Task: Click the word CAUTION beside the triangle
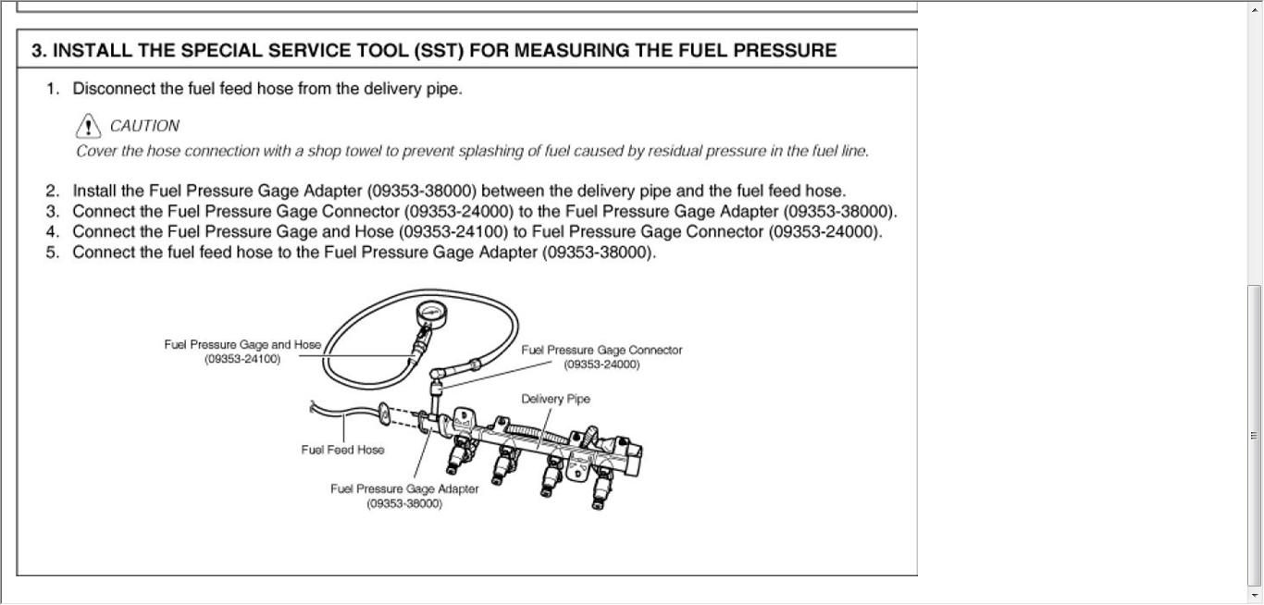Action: pyautogui.click(x=144, y=126)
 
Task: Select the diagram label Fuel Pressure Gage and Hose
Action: pyautogui.click(x=242, y=345)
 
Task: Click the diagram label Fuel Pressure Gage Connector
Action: pyautogui.click(x=601, y=351)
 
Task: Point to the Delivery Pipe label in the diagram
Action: pyautogui.click(x=555, y=399)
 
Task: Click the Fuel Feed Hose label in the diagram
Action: pyautogui.click(x=342, y=450)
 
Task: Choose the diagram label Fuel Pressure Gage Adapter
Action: pyautogui.click(x=404, y=489)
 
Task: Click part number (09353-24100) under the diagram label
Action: pyautogui.click(x=242, y=359)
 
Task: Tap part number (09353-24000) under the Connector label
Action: pyautogui.click(x=601, y=364)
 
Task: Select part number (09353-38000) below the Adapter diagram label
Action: pyautogui.click(x=404, y=504)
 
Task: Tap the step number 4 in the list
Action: pyautogui.click(x=52, y=231)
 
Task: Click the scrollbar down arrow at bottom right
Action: pyautogui.click(x=1255, y=596)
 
